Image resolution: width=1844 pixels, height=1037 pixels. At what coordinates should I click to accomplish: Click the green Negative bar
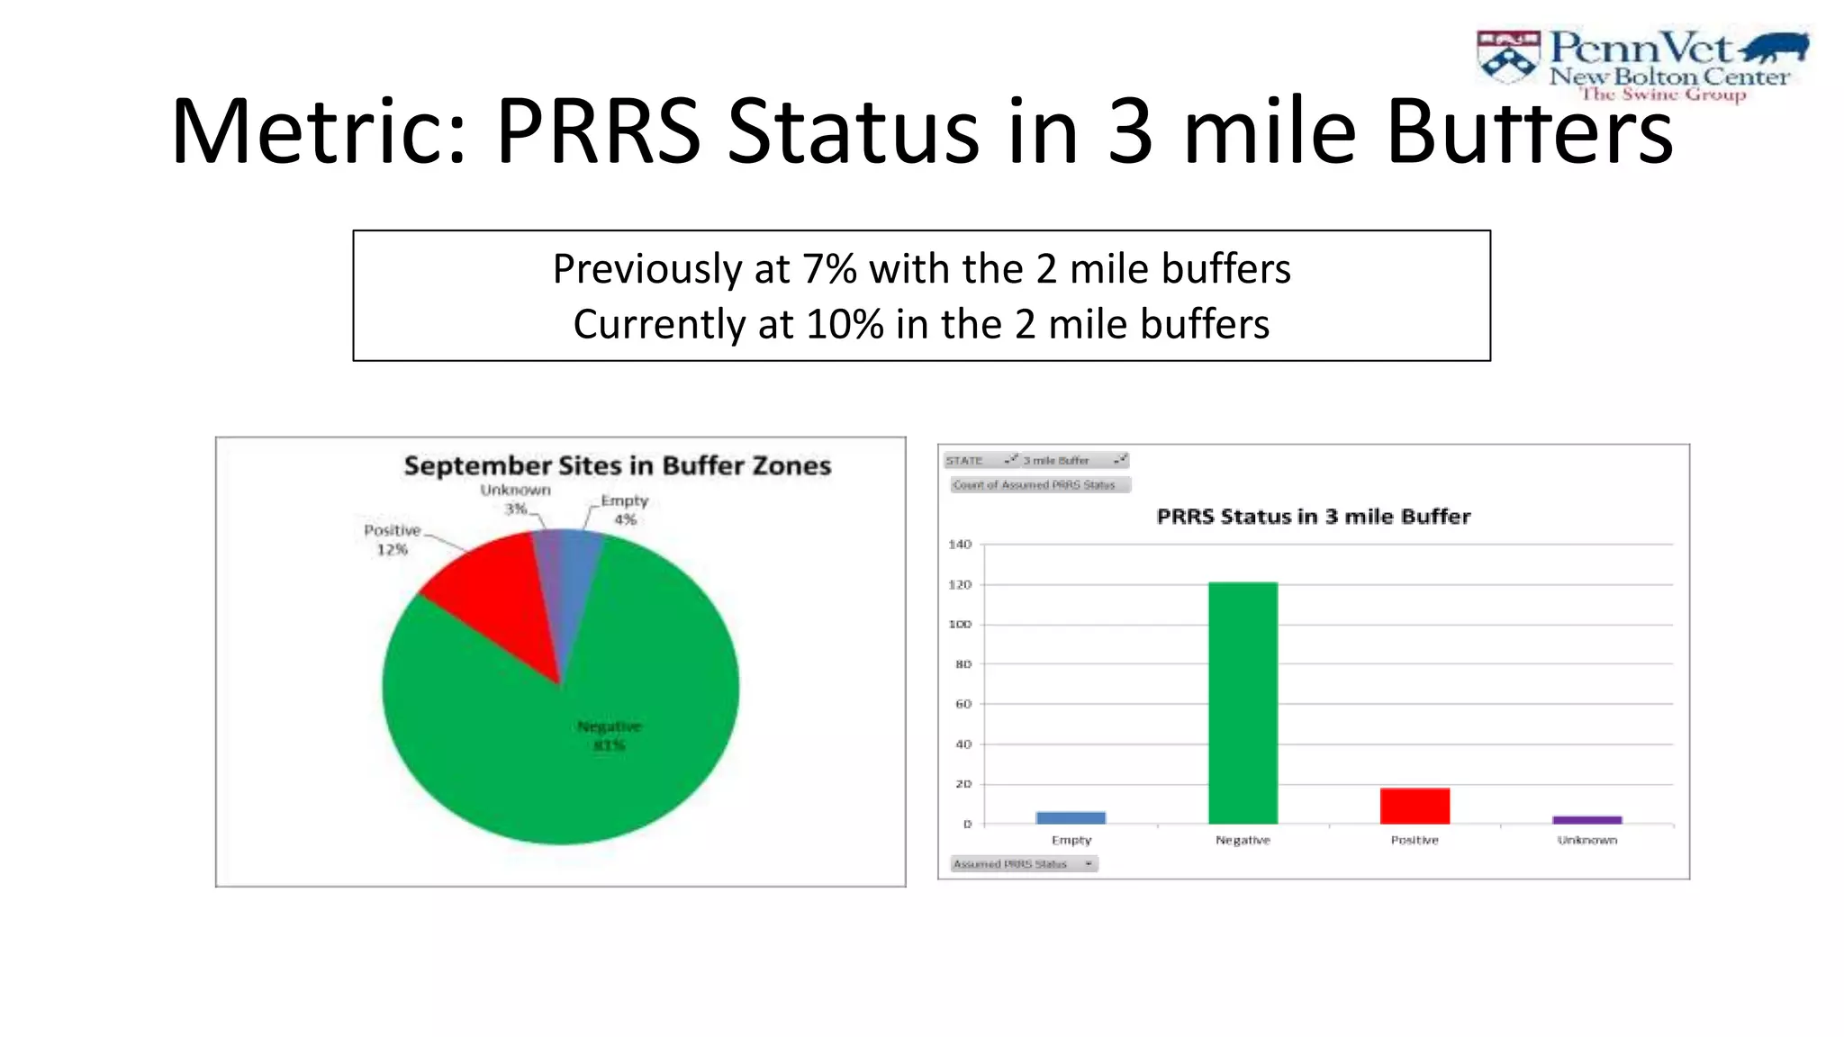[x=1243, y=702]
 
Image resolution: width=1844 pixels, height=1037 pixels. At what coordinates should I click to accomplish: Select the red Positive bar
[x=1415, y=806]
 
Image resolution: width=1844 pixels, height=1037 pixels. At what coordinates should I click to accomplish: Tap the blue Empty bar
[x=1071, y=817]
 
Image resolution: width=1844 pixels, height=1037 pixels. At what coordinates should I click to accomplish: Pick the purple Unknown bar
[x=1586, y=819]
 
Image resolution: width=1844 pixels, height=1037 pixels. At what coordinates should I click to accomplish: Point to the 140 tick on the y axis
[x=961, y=544]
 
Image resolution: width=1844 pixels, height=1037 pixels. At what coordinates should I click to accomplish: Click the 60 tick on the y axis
[x=963, y=704]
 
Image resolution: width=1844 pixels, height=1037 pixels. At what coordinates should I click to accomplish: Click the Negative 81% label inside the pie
[x=610, y=735]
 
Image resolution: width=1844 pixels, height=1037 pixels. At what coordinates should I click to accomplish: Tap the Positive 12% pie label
[x=392, y=539]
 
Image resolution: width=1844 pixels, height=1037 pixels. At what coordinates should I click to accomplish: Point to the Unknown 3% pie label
[x=515, y=499]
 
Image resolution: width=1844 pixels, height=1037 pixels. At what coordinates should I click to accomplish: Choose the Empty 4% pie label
[x=625, y=509]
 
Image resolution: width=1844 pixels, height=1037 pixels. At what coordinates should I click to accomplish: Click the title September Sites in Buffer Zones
[x=617, y=465]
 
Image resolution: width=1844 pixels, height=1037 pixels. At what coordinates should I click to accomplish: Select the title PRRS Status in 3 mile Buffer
[x=1313, y=517]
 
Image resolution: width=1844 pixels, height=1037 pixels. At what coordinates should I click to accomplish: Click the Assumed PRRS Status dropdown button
[x=1088, y=864]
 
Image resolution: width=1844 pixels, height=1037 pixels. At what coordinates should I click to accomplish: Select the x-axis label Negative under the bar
[x=1243, y=840]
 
